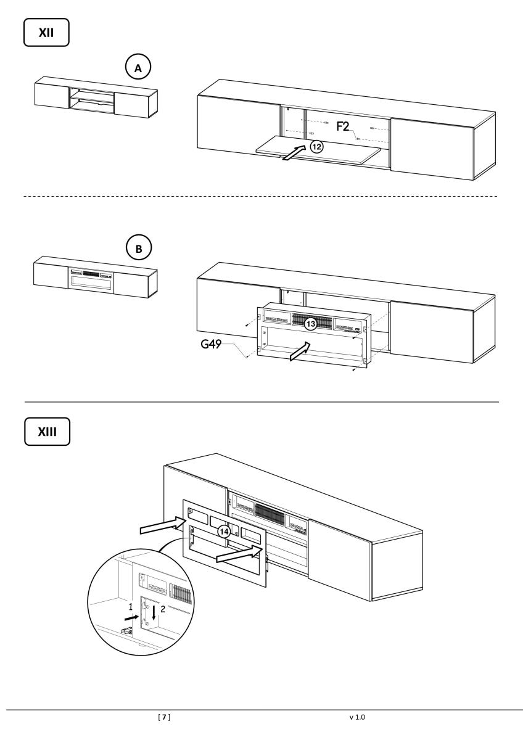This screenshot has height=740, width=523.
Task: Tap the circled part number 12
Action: [x=316, y=147]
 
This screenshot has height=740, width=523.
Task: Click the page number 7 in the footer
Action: [x=165, y=717]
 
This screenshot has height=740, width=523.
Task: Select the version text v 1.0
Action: [x=356, y=717]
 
